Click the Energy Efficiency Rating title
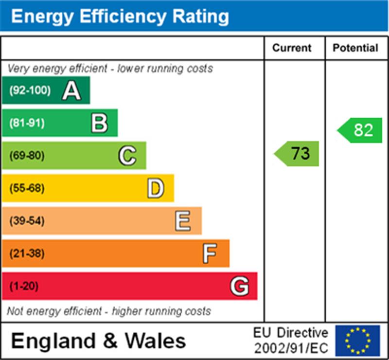120,17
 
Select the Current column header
292,48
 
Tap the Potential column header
355,48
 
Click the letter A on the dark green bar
71,90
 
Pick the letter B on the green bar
99,123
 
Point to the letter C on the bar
127,156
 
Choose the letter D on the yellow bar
155,188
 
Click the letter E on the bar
183,221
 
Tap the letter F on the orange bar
210,253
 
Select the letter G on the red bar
239,286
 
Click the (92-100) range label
30,90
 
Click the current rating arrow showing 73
298,154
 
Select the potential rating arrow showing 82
360,130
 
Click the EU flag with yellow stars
357,341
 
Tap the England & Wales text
98,341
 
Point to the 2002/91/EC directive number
291,348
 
